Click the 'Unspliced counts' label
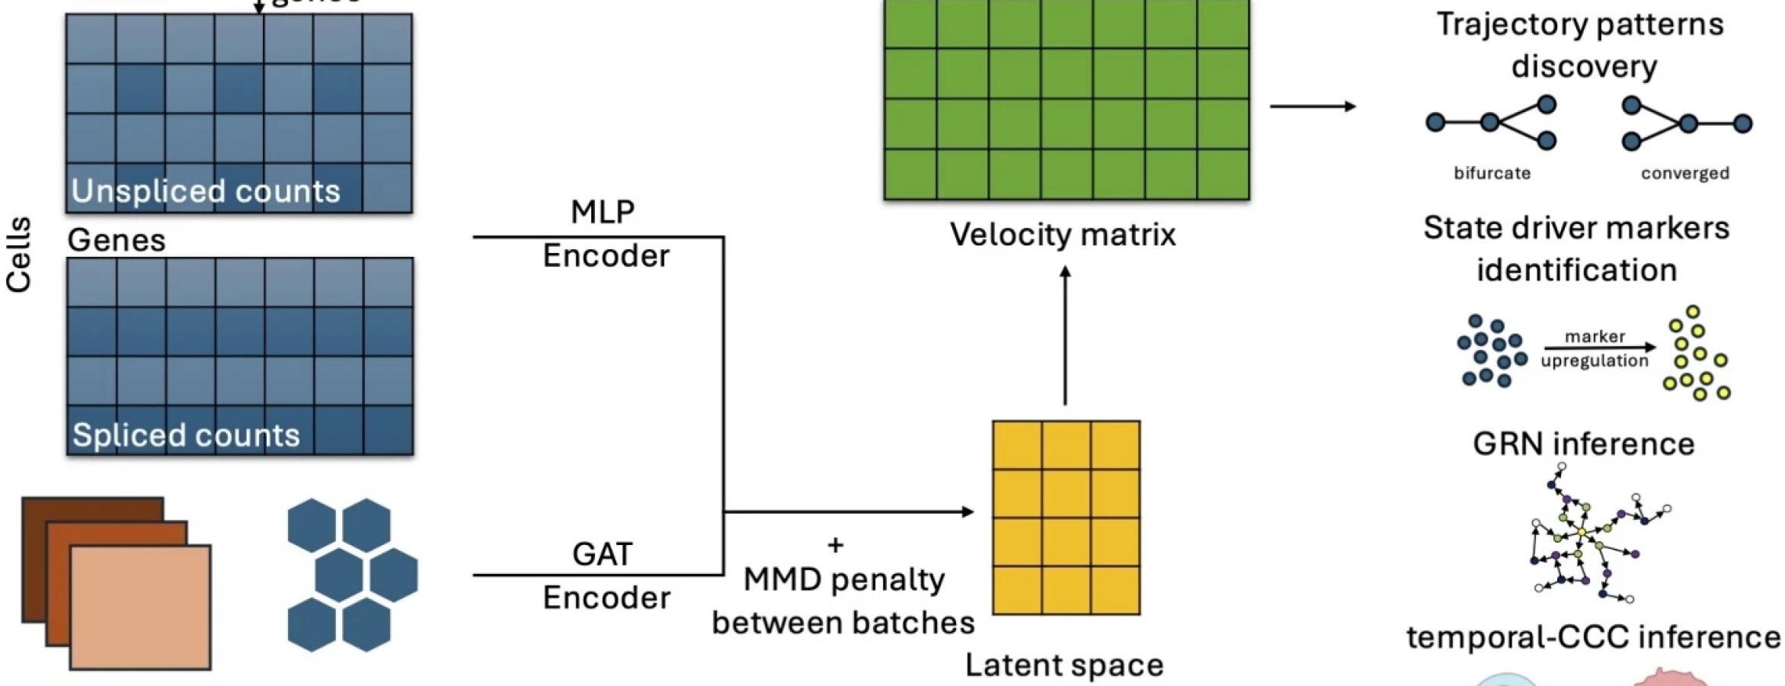tap(206, 191)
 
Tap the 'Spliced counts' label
tap(186, 435)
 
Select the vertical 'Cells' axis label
tap(19, 255)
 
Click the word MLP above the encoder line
tap(602, 212)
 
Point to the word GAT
tap(602, 554)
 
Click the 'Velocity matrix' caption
tap(1063, 234)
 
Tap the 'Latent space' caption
tap(1064, 665)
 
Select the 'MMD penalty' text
tap(844, 580)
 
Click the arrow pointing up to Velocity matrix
tap(1065, 335)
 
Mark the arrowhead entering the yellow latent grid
tap(968, 511)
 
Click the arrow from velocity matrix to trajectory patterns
tap(1313, 106)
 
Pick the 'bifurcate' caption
tap(1492, 173)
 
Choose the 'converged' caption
tap(1685, 173)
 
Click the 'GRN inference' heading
tap(1583, 444)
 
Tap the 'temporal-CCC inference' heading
tap(1593, 637)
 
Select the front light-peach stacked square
tap(140, 607)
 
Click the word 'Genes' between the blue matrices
tap(117, 240)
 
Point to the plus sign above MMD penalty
tap(836, 545)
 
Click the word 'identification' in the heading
tap(1576, 270)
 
